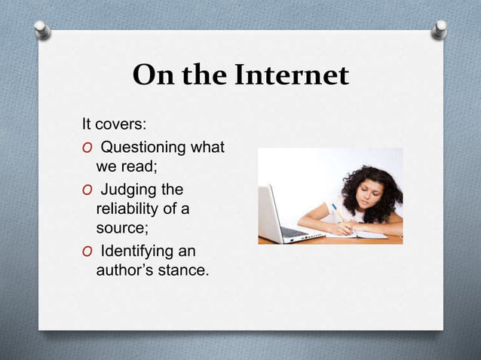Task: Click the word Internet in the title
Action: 292,75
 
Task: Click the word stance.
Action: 182,269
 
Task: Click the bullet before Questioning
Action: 87,148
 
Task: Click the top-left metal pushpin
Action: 42,29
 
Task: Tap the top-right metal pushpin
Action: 440,29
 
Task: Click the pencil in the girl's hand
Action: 337,212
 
